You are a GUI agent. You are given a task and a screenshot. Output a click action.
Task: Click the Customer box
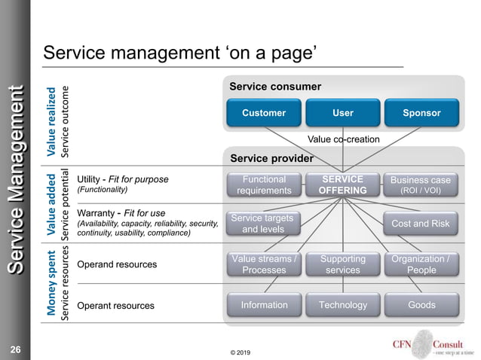(264, 113)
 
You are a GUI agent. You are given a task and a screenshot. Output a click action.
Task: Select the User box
(342, 113)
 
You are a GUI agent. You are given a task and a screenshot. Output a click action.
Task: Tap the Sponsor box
(421, 113)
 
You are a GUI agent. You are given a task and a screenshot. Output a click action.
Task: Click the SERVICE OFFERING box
(342, 185)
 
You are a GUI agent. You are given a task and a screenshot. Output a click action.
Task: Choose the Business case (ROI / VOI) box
(421, 185)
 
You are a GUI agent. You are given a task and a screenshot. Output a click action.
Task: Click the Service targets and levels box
(262, 224)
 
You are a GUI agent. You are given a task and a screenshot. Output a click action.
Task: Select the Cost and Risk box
(421, 224)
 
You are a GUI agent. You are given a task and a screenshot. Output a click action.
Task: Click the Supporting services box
(342, 264)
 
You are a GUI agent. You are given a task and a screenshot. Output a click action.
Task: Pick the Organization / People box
(421, 264)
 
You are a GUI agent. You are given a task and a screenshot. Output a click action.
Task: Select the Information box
(264, 305)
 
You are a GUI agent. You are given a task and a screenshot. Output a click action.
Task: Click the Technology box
(342, 305)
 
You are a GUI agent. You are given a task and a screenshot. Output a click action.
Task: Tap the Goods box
(421, 305)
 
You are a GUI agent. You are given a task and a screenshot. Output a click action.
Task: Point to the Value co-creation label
(344, 139)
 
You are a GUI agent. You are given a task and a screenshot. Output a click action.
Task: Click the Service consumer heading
(275, 87)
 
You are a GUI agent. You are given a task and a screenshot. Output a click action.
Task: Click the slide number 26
(15, 349)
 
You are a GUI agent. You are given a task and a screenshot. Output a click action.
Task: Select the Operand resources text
(117, 265)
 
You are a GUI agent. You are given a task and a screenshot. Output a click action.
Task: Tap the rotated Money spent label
(51, 283)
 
